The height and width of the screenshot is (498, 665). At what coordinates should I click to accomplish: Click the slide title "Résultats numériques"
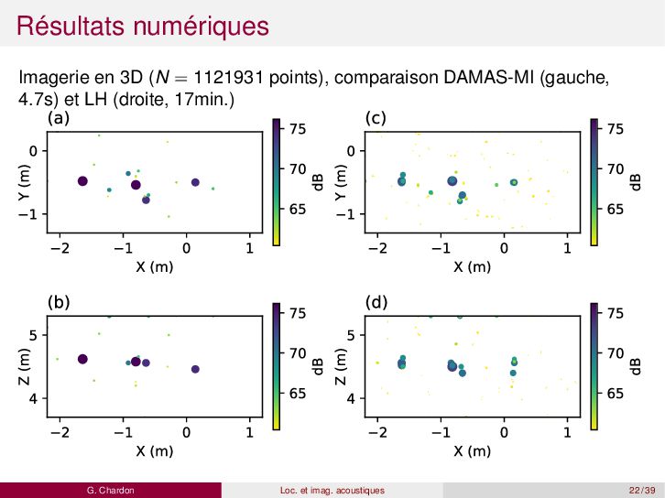pyautogui.click(x=143, y=25)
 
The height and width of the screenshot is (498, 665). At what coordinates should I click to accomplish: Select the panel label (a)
pyautogui.click(x=58, y=118)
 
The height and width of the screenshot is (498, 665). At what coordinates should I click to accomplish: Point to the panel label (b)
pyautogui.click(x=58, y=301)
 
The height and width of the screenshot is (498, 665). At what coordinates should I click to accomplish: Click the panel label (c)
pyautogui.click(x=375, y=118)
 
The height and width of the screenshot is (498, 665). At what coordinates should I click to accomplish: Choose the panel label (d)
pyautogui.click(x=375, y=301)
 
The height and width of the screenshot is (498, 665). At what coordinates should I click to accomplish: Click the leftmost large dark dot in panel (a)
pyautogui.click(x=82, y=181)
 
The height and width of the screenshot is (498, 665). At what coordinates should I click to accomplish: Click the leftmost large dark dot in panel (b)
pyautogui.click(x=82, y=359)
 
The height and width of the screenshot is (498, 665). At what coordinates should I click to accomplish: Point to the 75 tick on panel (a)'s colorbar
pyautogui.click(x=298, y=129)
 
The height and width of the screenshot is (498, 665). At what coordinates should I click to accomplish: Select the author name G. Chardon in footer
pyautogui.click(x=110, y=491)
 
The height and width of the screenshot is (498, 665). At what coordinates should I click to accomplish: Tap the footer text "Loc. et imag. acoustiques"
pyautogui.click(x=332, y=491)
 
